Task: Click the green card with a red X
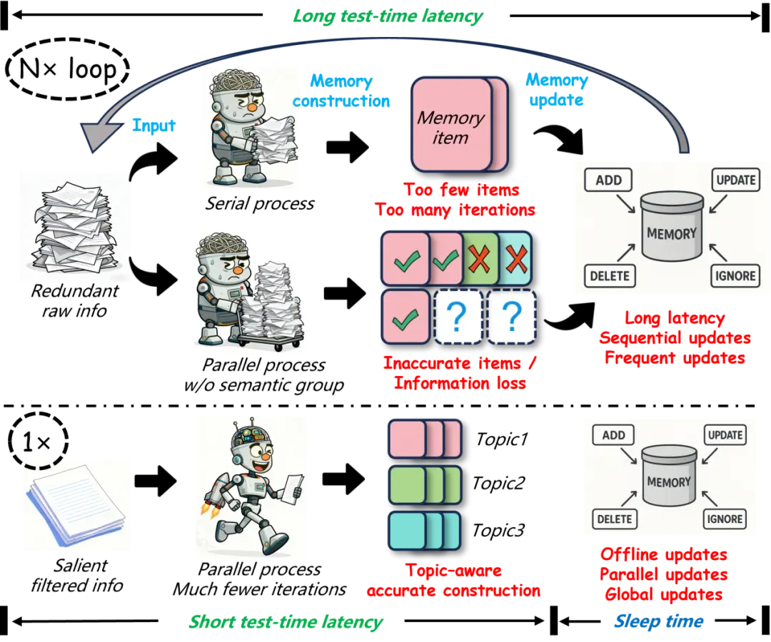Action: coord(480,258)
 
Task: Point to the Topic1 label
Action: coord(502,439)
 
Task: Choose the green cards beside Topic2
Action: coord(425,485)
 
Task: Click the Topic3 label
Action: coord(498,531)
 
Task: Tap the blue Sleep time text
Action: coord(659,621)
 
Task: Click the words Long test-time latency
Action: coord(388,16)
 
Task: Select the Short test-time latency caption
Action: coord(286,622)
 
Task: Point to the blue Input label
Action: coord(153,126)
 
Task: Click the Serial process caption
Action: coord(260,203)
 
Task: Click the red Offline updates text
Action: coord(663,554)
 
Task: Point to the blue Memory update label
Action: coord(557,90)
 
